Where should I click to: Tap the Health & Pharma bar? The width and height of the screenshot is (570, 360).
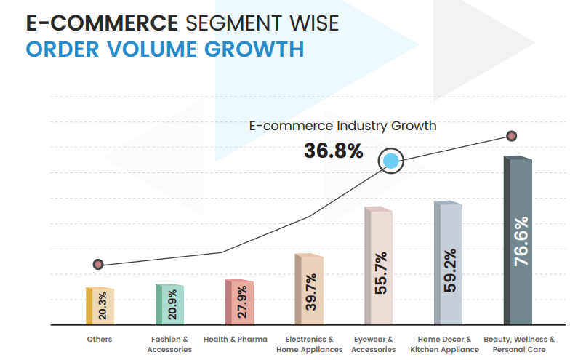[x=238, y=302]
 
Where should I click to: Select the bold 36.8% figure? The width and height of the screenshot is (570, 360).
[x=333, y=151]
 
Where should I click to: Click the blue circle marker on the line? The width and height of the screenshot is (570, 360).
[x=391, y=161]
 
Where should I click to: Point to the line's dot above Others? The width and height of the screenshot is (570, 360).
[x=98, y=264]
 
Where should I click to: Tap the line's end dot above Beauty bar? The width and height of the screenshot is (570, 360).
[x=512, y=136]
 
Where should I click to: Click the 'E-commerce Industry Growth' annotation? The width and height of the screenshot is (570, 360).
[x=342, y=126]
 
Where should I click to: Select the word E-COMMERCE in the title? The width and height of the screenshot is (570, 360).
[x=102, y=23]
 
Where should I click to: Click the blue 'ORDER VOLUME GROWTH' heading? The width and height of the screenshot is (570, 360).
[x=164, y=49]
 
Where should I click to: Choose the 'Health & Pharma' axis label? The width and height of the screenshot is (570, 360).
[x=236, y=339]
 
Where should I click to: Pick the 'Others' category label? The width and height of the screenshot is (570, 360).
[x=99, y=339]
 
